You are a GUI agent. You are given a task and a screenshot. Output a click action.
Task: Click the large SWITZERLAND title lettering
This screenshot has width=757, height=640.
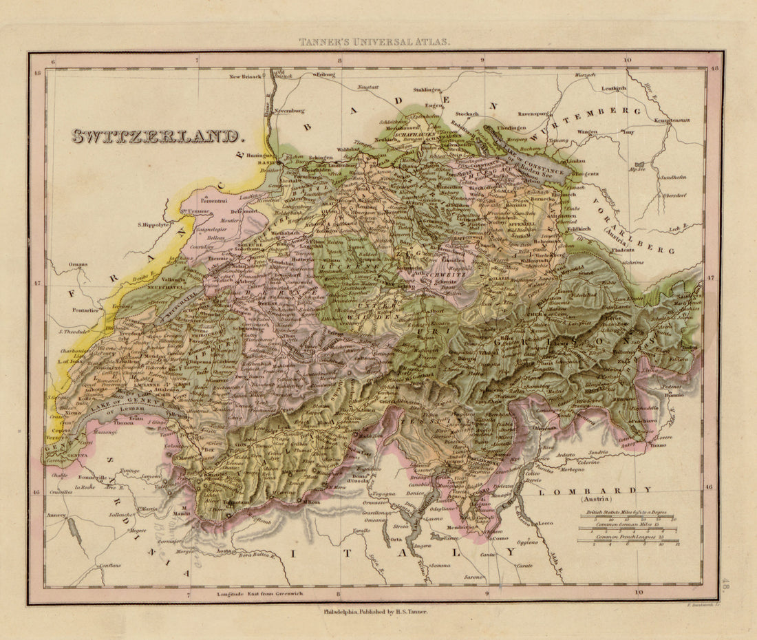pos(158,136)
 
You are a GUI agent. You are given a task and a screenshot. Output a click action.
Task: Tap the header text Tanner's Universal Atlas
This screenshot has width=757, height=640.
pos(375,42)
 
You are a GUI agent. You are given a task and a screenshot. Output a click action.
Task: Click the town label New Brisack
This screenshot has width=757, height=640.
pos(246,76)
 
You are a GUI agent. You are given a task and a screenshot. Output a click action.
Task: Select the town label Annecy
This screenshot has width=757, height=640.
pos(57,515)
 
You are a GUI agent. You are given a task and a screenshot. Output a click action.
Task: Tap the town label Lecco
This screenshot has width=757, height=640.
pos(546,523)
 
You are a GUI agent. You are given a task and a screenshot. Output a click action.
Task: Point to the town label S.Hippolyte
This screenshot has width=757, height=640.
pos(153,224)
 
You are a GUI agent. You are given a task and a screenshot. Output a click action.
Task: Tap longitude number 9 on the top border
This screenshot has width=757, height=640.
pos(482,60)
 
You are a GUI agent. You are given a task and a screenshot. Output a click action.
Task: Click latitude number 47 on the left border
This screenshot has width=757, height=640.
pos(38,283)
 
